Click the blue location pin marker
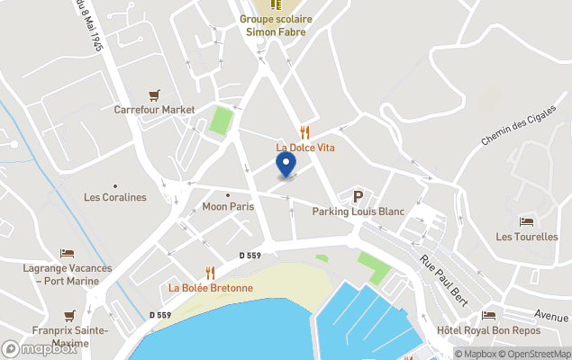pyautogui.click(x=286, y=165)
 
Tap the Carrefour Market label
pyautogui.click(x=154, y=110)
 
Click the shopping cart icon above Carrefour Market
pyautogui.click(x=155, y=94)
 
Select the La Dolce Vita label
pyautogui.click(x=304, y=148)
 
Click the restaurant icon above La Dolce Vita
pyautogui.click(x=304, y=132)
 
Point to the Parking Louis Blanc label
pyautogui.click(x=358, y=211)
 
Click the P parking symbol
pyautogui.click(x=358, y=196)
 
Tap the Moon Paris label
pyautogui.click(x=228, y=206)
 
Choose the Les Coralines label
pyautogui.click(x=114, y=197)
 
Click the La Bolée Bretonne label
pyautogui.click(x=211, y=288)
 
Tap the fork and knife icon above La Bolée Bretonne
pyautogui.click(x=211, y=273)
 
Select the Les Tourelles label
pyautogui.click(x=526, y=237)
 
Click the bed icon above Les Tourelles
pyautogui.click(x=526, y=221)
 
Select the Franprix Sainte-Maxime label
pyautogui.click(x=69, y=336)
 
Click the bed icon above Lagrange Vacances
pyautogui.click(x=68, y=254)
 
